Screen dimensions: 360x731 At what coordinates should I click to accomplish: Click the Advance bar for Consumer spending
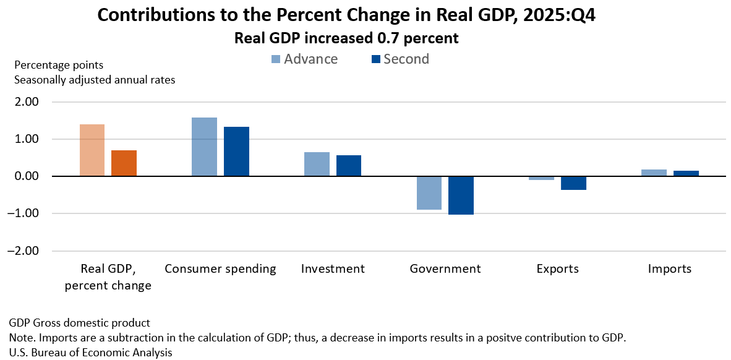click(x=204, y=147)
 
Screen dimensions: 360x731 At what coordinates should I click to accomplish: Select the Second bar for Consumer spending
click(x=236, y=152)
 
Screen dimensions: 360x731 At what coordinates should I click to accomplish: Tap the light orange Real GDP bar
click(x=92, y=150)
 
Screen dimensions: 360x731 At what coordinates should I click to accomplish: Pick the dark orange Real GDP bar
click(x=124, y=163)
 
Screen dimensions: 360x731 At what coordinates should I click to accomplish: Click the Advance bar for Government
click(x=429, y=193)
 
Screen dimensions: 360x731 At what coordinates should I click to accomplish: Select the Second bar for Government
click(x=461, y=195)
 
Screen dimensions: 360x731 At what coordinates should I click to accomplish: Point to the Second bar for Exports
click(x=573, y=183)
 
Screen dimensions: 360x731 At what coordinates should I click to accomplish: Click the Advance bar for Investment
click(x=317, y=164)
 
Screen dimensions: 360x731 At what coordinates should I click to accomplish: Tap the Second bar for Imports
click(x=686, y=173)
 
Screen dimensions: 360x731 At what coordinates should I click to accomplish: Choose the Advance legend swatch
click(x=275, y=59)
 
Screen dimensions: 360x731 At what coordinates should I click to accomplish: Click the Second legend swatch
click(x=375, y=59)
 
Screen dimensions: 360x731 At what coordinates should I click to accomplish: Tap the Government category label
click(x=445, y=269)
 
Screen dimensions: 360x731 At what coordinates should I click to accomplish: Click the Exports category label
click(x=558, y=269)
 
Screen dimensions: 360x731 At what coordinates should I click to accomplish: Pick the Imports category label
click(x=670, y=269)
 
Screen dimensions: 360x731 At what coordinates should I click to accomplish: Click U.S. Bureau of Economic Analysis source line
click(x=90, y=353)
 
